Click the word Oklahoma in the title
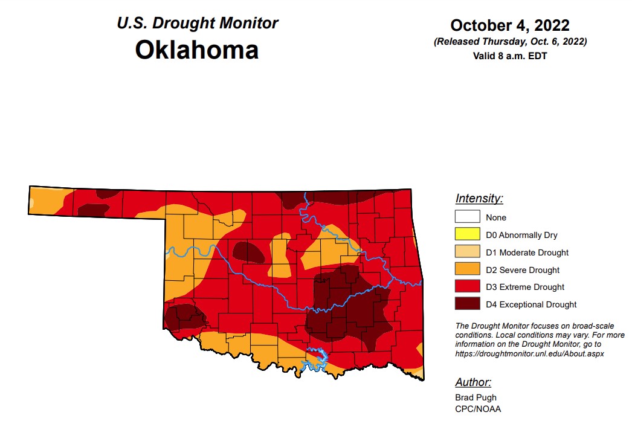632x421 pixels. pos(197,50)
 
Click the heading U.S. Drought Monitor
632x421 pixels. pos(197,23)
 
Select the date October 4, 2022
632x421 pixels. pos(510,25)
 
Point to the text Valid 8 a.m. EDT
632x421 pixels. pos(510,56)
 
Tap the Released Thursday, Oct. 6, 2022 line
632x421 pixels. pos(510,42)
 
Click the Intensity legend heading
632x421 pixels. pos(479,198)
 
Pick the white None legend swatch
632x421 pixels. pos(468,217)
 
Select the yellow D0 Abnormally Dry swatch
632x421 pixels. pos(468,234)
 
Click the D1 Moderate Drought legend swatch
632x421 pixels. pos(468,252)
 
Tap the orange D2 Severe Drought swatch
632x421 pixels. pos(468,269)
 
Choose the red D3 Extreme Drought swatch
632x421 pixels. pos(468,287)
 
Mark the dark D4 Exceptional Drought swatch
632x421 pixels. pos(468,304)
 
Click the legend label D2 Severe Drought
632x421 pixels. pos(523,270)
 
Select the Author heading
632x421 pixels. pos(473,382)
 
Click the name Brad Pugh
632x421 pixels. pos(476,397)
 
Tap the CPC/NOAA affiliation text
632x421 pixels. pos(479,408)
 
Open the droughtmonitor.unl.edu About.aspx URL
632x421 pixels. pos(529,353)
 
